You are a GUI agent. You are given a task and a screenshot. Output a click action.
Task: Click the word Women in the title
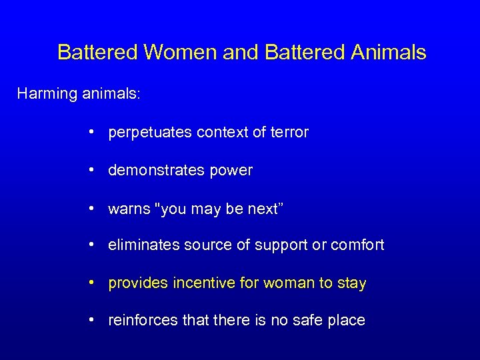[173, 52]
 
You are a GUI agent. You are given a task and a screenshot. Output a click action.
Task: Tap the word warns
[129, 209]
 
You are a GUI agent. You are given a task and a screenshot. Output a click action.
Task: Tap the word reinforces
[143, 320]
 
